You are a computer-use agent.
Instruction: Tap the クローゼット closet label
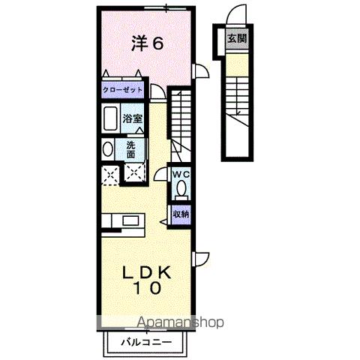point(123,90)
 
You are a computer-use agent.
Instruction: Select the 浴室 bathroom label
point(133,118)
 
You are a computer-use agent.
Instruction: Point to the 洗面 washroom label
point(130,148)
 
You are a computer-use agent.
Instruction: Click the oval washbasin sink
point(107,149)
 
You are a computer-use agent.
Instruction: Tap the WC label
point(180,175)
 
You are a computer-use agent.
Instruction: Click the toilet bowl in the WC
point(180,189)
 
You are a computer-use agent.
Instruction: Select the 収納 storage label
point(180,214)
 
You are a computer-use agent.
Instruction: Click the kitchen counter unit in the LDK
point(124,223)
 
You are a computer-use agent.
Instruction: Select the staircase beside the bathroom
point(180,120)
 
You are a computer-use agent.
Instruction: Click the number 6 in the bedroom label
point(157,43)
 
